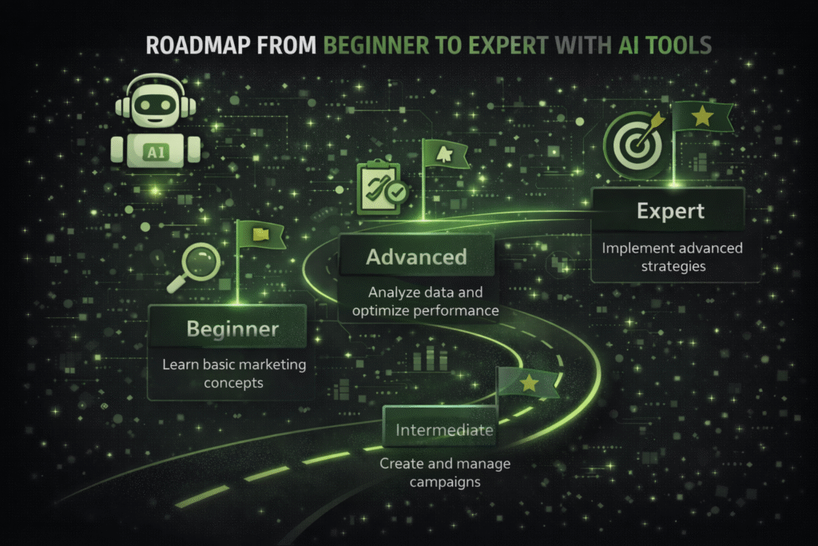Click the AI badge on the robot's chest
151,149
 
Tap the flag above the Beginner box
260,234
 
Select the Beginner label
232,329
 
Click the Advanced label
416,257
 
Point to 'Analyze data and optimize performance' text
419,301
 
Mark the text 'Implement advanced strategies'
672,257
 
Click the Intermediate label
444,431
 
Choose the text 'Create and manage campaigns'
445,472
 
